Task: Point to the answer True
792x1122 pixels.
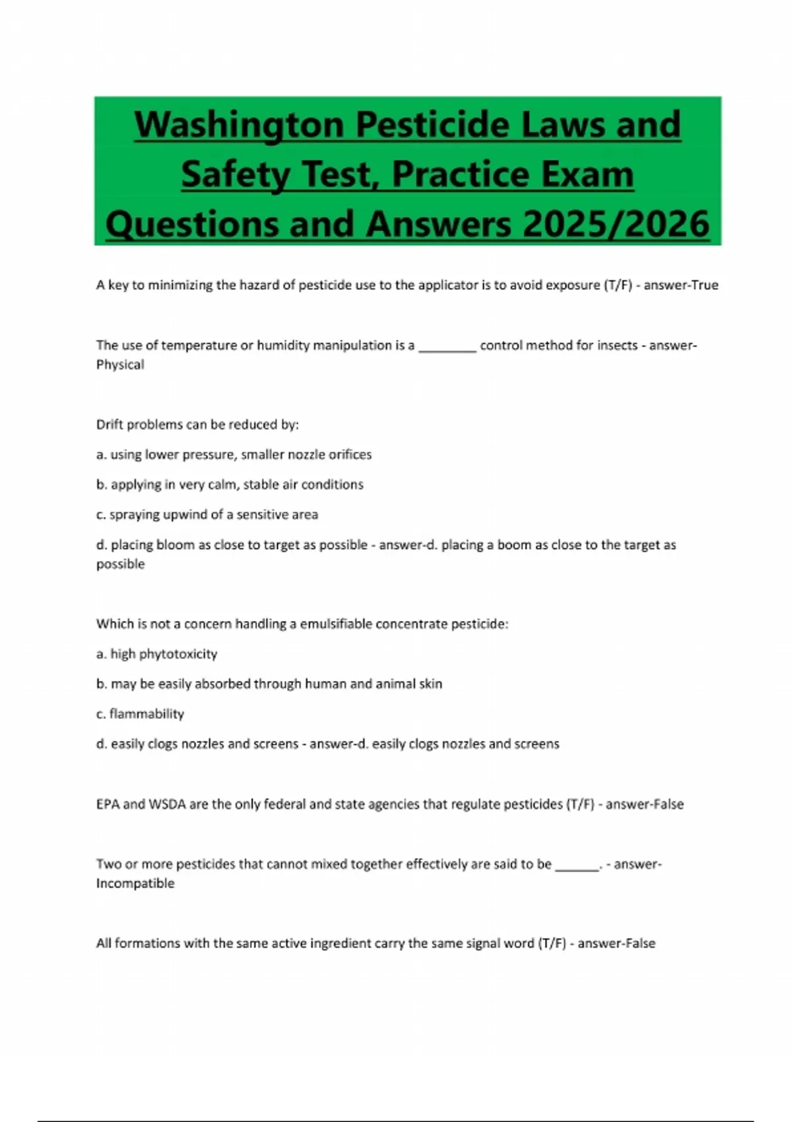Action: [x=704, y=285]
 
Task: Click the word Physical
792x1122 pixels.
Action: [x=120, y=365]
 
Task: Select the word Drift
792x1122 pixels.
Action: [x=110, y=425]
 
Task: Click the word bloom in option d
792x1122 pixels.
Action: [x=176, y=545]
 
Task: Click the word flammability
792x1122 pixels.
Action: [x=147, y=714]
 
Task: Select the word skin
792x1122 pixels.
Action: [x=430, y=684]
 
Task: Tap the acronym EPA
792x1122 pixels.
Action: [x=108, y=805]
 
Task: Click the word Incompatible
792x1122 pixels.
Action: [x=135, y=884]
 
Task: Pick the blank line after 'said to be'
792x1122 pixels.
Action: [x=576, y=866]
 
